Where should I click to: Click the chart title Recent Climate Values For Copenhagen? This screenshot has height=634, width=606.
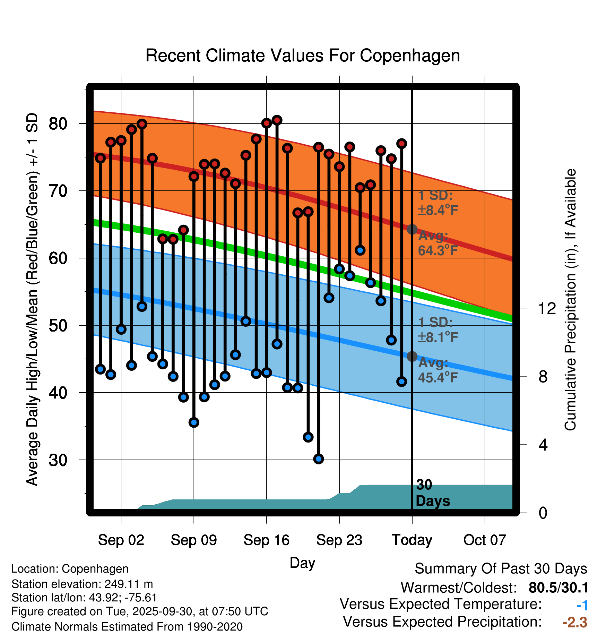(x=303, y=56)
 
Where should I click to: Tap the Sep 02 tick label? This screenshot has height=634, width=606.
(x=121, y=540)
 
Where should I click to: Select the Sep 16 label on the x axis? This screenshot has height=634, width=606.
(x=266, y=540)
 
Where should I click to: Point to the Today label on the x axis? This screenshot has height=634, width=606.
(x=412, y=540)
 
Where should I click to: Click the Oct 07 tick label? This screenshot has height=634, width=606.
(x=485, y=540)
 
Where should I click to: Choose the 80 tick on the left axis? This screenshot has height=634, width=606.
(x=58, y=123)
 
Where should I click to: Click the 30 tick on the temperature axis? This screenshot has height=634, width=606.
(x=58, y=460)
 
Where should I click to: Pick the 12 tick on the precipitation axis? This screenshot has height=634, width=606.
(x=547, y=308)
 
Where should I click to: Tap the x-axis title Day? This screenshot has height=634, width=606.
(x=302, y=563)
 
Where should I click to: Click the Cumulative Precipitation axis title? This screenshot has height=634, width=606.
(x=570, y=300)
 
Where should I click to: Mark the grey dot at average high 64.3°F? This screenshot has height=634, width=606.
(x=412, y=229)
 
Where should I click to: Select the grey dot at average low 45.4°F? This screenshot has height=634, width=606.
(x=412, y=356)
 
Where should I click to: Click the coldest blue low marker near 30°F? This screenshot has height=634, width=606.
(x=319, y=459)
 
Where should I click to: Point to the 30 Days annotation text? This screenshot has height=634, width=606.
(x=432, y=493)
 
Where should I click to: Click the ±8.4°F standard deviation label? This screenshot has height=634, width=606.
(x=438, y=210)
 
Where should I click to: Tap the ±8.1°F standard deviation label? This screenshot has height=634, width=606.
(x=438, y=337)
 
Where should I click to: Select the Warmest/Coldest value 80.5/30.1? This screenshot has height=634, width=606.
(x=558, y=588)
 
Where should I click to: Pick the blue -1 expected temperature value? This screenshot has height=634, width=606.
(x=582, y=605)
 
